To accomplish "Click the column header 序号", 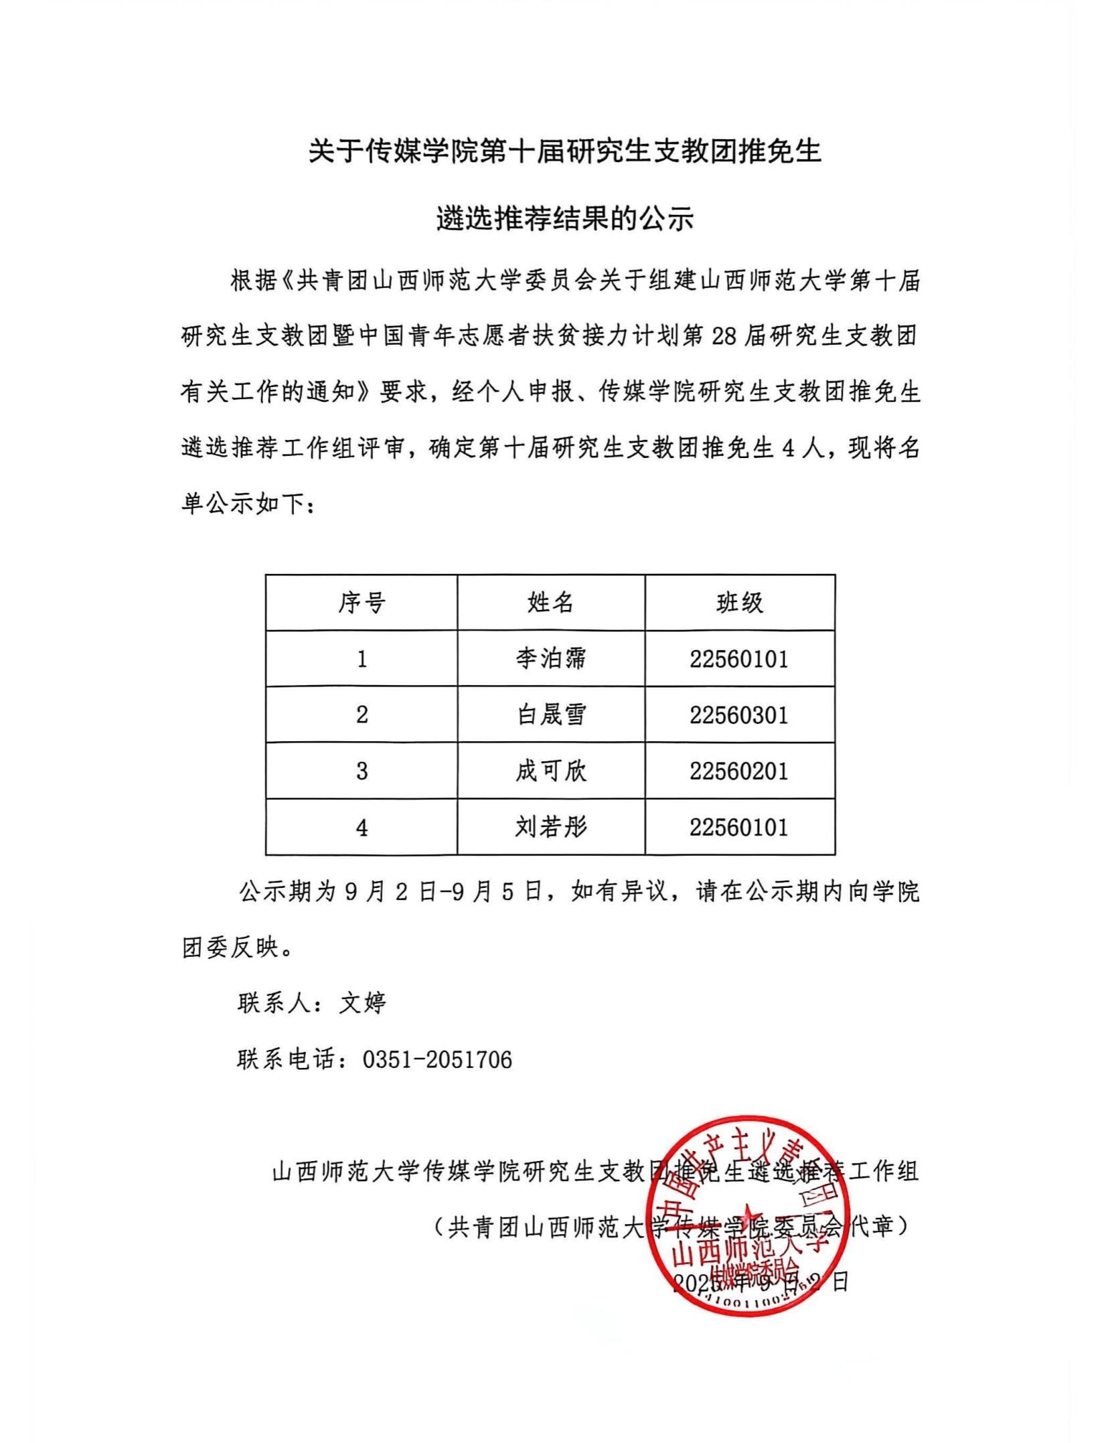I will coord(362,603).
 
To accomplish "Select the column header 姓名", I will coord(550,603).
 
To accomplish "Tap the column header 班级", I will coord(740,603).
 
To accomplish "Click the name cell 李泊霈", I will coord(550,659).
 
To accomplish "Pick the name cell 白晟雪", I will coord(550,715).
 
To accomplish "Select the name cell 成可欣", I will coord(550,771).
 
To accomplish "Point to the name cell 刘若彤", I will coord(550,828).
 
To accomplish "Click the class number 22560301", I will coord(739,715).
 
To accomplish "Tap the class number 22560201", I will coord(739,771).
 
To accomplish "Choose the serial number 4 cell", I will coord(362,828).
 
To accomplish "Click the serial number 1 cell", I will coord(362,659).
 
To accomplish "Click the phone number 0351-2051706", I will coord(437,1059).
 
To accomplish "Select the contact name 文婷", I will coord(362,1003).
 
